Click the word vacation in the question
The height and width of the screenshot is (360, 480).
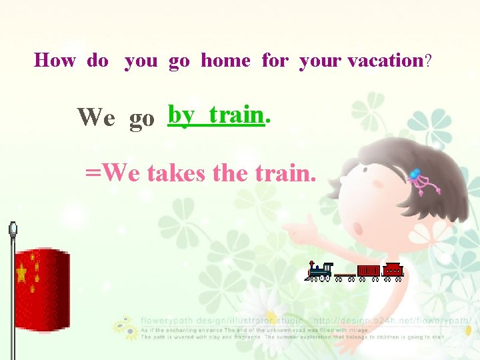point(385,61)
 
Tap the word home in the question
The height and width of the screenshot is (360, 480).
point(225,61)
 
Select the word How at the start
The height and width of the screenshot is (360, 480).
point(55,61)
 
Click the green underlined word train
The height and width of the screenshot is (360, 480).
point(236,115)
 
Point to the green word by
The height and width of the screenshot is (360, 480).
point(181,115)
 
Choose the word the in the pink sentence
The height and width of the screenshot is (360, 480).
point(231,174)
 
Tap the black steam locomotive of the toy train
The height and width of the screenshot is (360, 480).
point(319,270)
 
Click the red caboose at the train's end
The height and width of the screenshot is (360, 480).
point(393,270)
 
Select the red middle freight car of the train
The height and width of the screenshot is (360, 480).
point(368,270)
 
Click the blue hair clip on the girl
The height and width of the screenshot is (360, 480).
point(415,174)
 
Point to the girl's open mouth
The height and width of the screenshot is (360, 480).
point(359,229)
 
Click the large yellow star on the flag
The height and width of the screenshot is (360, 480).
point(22,273)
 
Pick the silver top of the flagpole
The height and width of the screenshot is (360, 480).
point(13,230)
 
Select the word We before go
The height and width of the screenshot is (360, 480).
point(96,117)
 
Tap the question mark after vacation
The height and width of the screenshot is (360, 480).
point(428,61)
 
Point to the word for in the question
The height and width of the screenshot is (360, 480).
point(275,61)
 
